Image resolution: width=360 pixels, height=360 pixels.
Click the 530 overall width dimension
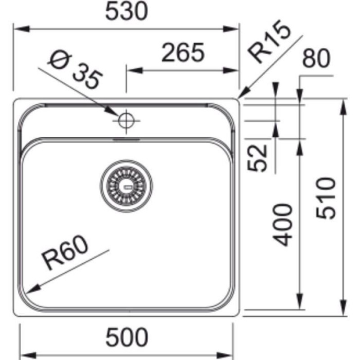tap(126, 13)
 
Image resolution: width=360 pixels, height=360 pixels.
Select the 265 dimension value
tap(183, 53)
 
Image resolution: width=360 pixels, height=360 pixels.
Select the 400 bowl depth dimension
tap(283, 225)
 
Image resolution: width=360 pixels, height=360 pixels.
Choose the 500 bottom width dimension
tap(126, 336)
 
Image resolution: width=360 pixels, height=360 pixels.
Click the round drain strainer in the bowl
tap(126, 184)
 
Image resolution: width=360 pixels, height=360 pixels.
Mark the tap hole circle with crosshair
tap(126, 120)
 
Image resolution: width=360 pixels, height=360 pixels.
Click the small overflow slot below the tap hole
tap(126, 139)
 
